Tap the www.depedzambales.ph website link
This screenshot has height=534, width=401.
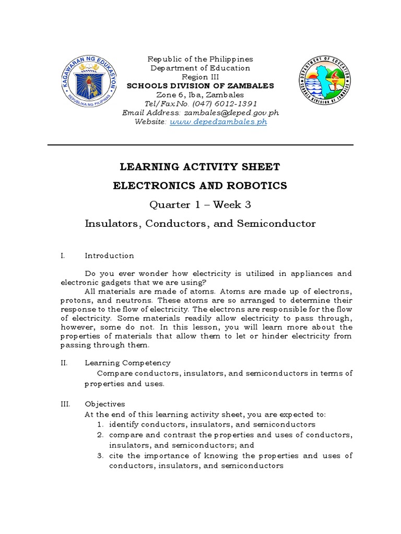click(218, 122)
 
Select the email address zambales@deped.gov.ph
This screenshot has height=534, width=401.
click(220, 113)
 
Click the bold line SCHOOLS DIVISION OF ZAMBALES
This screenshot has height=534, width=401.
click(200, 86)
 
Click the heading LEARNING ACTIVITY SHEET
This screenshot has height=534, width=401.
click(200, 167)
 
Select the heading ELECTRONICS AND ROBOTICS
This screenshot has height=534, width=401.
click(200, 186)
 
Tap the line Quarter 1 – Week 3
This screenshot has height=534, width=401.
click(200, 204)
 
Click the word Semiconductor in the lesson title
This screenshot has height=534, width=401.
click(276, 224)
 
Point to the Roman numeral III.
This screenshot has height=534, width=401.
click(65, 404)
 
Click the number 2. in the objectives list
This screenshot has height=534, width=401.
click(100, 435)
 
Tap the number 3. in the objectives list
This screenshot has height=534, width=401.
click(100, 456)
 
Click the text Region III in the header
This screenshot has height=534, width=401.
click(200, 77)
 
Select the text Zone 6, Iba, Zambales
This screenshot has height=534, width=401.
click(200, 95)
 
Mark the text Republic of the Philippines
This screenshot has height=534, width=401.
click(200, 59)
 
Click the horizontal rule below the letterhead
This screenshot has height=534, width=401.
click(200, 145)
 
